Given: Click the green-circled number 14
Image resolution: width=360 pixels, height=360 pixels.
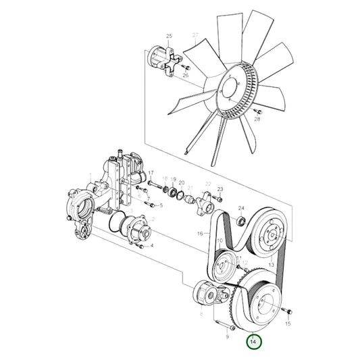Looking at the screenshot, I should (253, 343).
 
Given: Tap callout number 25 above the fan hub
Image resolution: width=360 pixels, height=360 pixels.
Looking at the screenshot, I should (170, 35).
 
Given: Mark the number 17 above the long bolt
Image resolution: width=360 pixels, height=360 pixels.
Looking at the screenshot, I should (151, 173).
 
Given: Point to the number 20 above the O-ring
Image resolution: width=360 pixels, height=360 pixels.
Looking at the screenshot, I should (181, 182).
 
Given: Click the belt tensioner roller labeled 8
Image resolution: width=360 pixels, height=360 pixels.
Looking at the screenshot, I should (203, 293).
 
